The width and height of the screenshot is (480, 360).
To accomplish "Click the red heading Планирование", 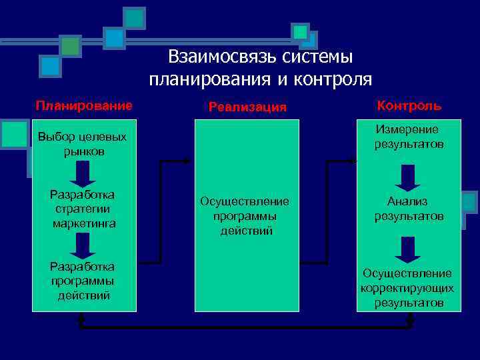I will (x=84, y=105).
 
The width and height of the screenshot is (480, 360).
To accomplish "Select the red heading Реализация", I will (x=247, y=107).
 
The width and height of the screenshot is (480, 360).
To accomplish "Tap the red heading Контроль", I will (x=409, y=105).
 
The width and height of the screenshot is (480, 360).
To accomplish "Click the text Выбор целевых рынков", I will (x=83, y=144).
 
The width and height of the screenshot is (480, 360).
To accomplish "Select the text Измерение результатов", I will (x=408, y=137).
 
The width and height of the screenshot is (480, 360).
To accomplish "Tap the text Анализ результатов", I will (x=408, y=209).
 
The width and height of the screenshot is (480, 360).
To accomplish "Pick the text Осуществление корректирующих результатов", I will (x=408, y=288).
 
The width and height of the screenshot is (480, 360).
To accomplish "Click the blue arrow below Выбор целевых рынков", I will (x=83, y=175).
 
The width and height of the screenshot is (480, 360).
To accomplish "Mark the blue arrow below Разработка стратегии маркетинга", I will (x=83, y=246).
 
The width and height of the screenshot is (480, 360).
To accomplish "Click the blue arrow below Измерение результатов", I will (x=407, y=177).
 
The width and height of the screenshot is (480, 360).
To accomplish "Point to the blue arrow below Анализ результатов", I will (x=407, y=249).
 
